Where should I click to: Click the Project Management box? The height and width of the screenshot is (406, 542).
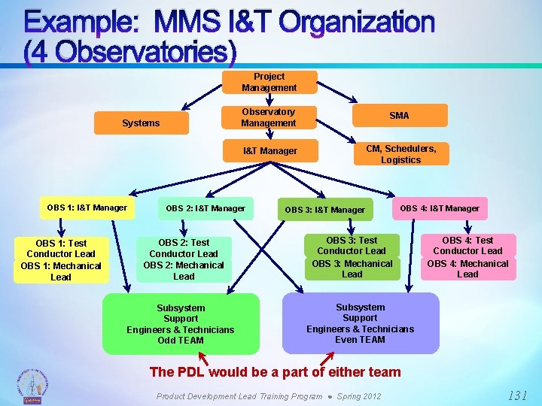(x=269, y=82)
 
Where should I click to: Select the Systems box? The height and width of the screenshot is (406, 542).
(x=141, y=123)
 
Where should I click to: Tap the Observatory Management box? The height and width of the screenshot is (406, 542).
(x=268, y=117)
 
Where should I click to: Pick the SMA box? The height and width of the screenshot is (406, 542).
(x=399, y=115)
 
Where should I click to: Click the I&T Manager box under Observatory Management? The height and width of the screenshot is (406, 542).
(x=269, y=151)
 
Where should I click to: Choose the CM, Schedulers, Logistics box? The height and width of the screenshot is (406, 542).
(x=400, y=154)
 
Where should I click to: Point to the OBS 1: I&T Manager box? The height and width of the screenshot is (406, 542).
(x=87, y=208)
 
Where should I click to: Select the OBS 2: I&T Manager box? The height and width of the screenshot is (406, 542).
(x=205, y=208)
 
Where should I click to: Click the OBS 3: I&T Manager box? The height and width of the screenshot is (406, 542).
(x=324, y=210)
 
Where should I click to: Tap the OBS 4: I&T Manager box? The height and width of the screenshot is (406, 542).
(x=440, y=208)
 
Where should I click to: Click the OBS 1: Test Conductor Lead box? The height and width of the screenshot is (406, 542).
(x=61, y=249)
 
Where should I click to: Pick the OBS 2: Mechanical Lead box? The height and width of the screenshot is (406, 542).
(x=184, y=271)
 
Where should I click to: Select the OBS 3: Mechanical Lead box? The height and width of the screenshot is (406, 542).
(x=352, y=268)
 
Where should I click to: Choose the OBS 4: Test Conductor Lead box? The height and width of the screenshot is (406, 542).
(x=467, y=245)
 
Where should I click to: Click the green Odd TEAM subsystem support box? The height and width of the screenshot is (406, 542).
(x=181, y=324)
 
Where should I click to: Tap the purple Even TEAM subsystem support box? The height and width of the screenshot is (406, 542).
(x=360, y=323)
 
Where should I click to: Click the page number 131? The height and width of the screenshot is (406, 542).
(x=517, y=395)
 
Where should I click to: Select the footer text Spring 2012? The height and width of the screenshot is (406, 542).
(x=359, y=396)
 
